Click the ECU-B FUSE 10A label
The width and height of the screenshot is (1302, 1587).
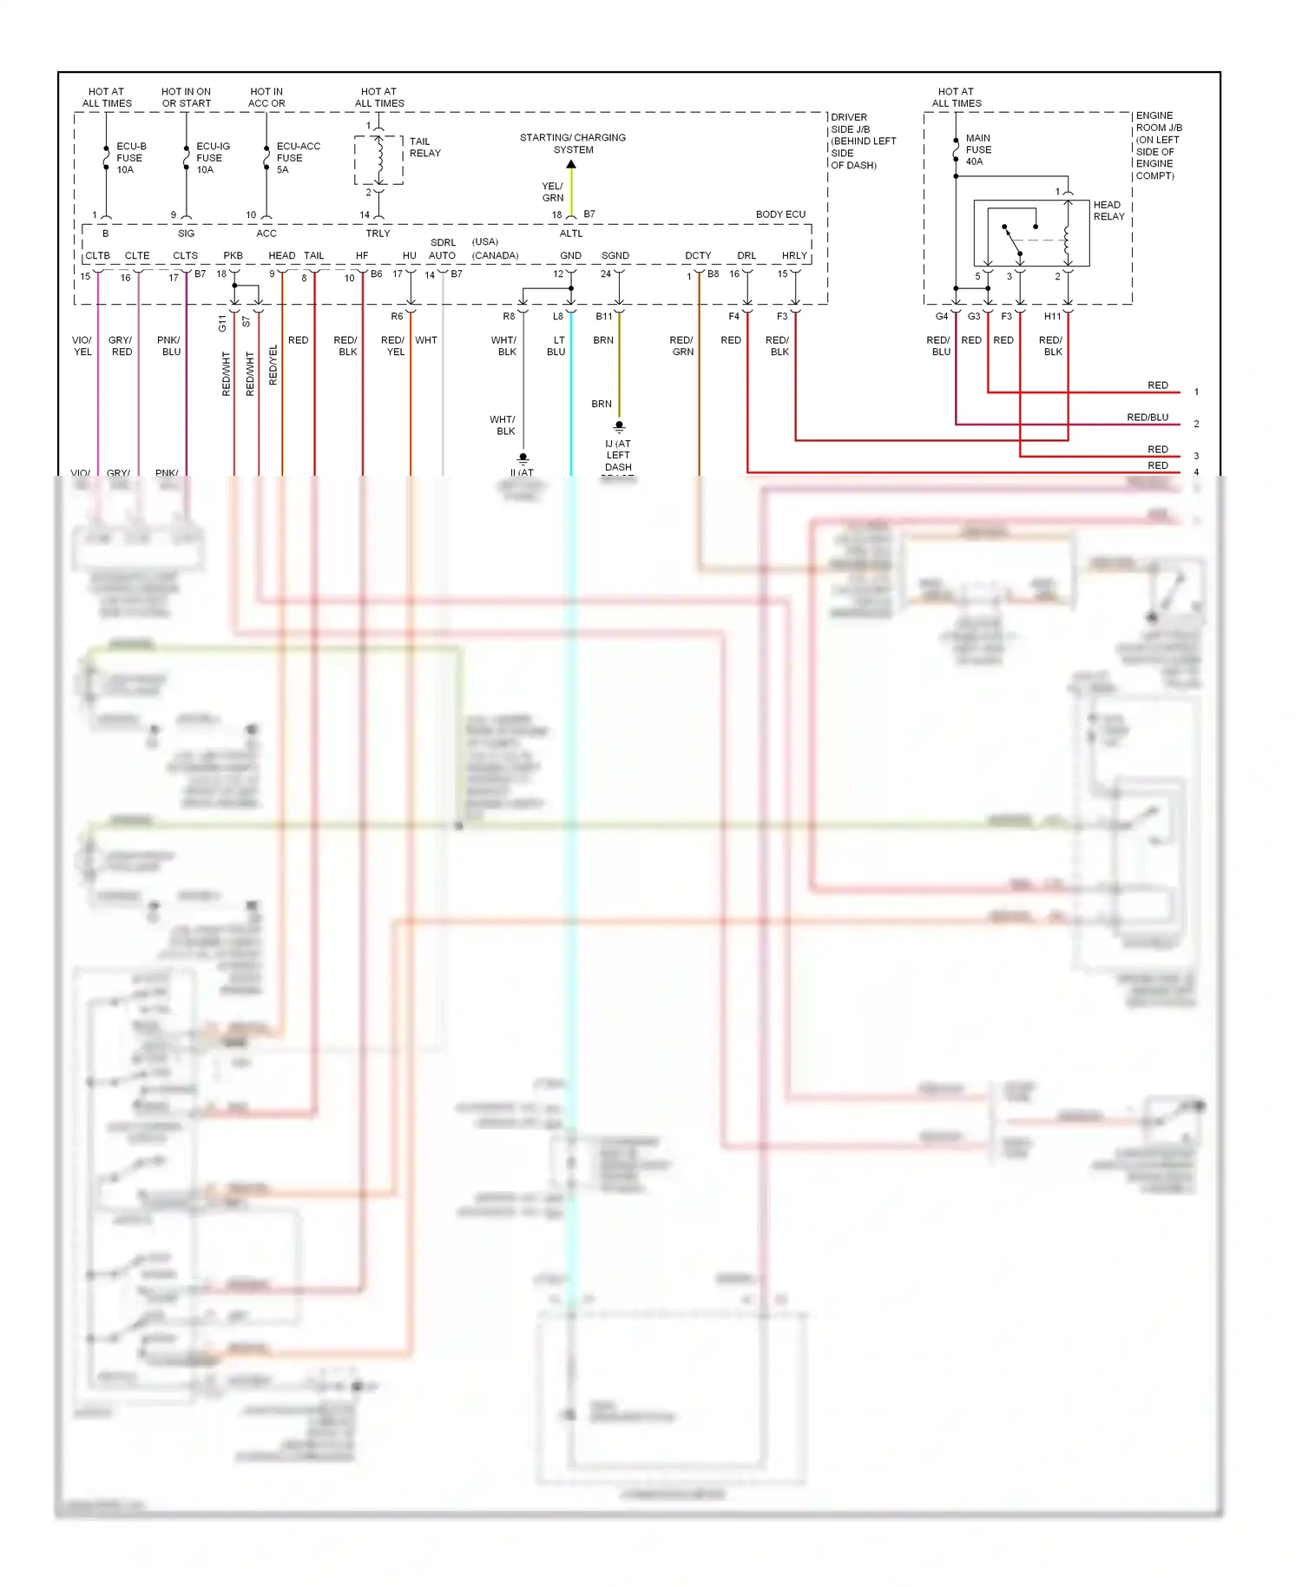point(130,158)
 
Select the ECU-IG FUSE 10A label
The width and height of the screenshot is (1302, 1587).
point(212,158)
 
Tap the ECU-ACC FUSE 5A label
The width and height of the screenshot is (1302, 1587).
point(297,158)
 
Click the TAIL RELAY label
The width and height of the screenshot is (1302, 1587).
point(424,147)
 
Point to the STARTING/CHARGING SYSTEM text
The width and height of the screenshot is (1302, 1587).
point(573,143)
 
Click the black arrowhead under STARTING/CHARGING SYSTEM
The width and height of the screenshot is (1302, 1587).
point(571,164)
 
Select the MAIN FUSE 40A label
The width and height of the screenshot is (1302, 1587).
point(977,149)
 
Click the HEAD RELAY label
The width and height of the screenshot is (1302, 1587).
point(1108,210)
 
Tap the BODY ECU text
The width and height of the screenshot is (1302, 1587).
point(780,214)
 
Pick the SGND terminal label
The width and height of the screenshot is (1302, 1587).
point(615,255)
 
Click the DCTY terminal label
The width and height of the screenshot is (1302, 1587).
point(697,255)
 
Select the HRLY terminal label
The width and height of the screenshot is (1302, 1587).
point(793,255)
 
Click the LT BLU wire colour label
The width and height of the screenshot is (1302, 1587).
point(556,346)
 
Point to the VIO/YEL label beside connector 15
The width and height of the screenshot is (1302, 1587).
point(82,346)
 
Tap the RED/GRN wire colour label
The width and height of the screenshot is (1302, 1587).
point(681,346)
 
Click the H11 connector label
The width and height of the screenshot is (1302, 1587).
point(1052,316)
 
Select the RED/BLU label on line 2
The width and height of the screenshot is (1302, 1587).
point(1147,418)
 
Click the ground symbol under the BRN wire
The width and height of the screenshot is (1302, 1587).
point(619,427)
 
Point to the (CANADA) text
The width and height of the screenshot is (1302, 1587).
point(495,255)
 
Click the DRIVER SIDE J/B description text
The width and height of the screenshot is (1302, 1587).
point(862,141)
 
